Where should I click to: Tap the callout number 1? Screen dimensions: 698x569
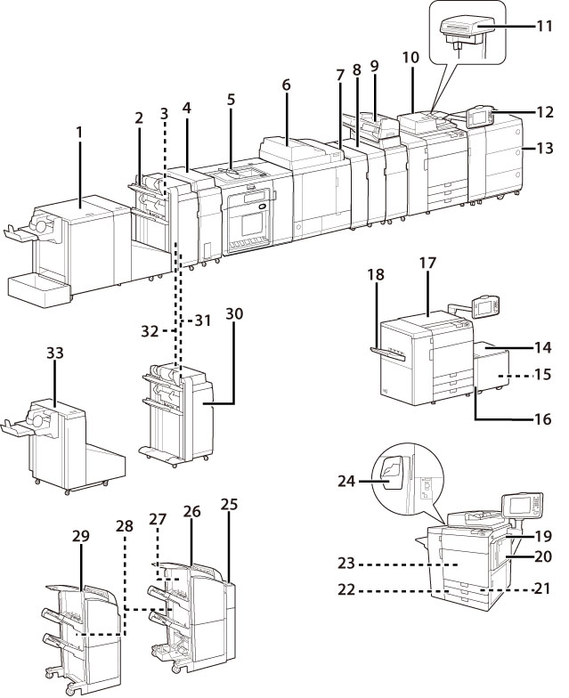[x=78, y=133]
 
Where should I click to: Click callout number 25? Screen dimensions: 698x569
[x=229, y=503]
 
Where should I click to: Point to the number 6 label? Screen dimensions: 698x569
[x=286, y=85]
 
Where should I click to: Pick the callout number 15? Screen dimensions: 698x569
[x=541, y=377]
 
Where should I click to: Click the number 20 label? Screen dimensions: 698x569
[x=542, y=557]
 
